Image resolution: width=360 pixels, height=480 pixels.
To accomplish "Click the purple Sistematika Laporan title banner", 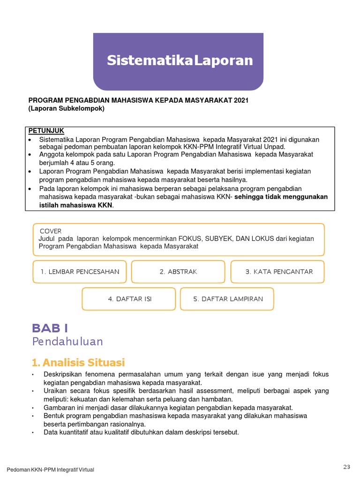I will [x=178, y=61].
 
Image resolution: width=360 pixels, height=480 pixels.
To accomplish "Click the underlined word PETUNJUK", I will [x=46, y=130].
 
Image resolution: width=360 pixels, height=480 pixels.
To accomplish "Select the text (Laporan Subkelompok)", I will [x=67, y=108].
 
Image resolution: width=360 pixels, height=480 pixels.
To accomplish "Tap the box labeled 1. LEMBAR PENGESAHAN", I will [x=80, y=272].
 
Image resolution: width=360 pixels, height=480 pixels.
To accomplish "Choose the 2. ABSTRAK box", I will [x=178, y=272].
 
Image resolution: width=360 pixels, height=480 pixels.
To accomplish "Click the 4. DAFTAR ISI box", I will [x=129, y=299].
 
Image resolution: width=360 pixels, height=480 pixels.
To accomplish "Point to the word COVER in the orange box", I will [x=51, y=231].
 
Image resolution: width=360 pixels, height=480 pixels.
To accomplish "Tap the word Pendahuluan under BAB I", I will [x=67, y=341].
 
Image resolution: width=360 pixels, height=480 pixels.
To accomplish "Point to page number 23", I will [x=346, y=466].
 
